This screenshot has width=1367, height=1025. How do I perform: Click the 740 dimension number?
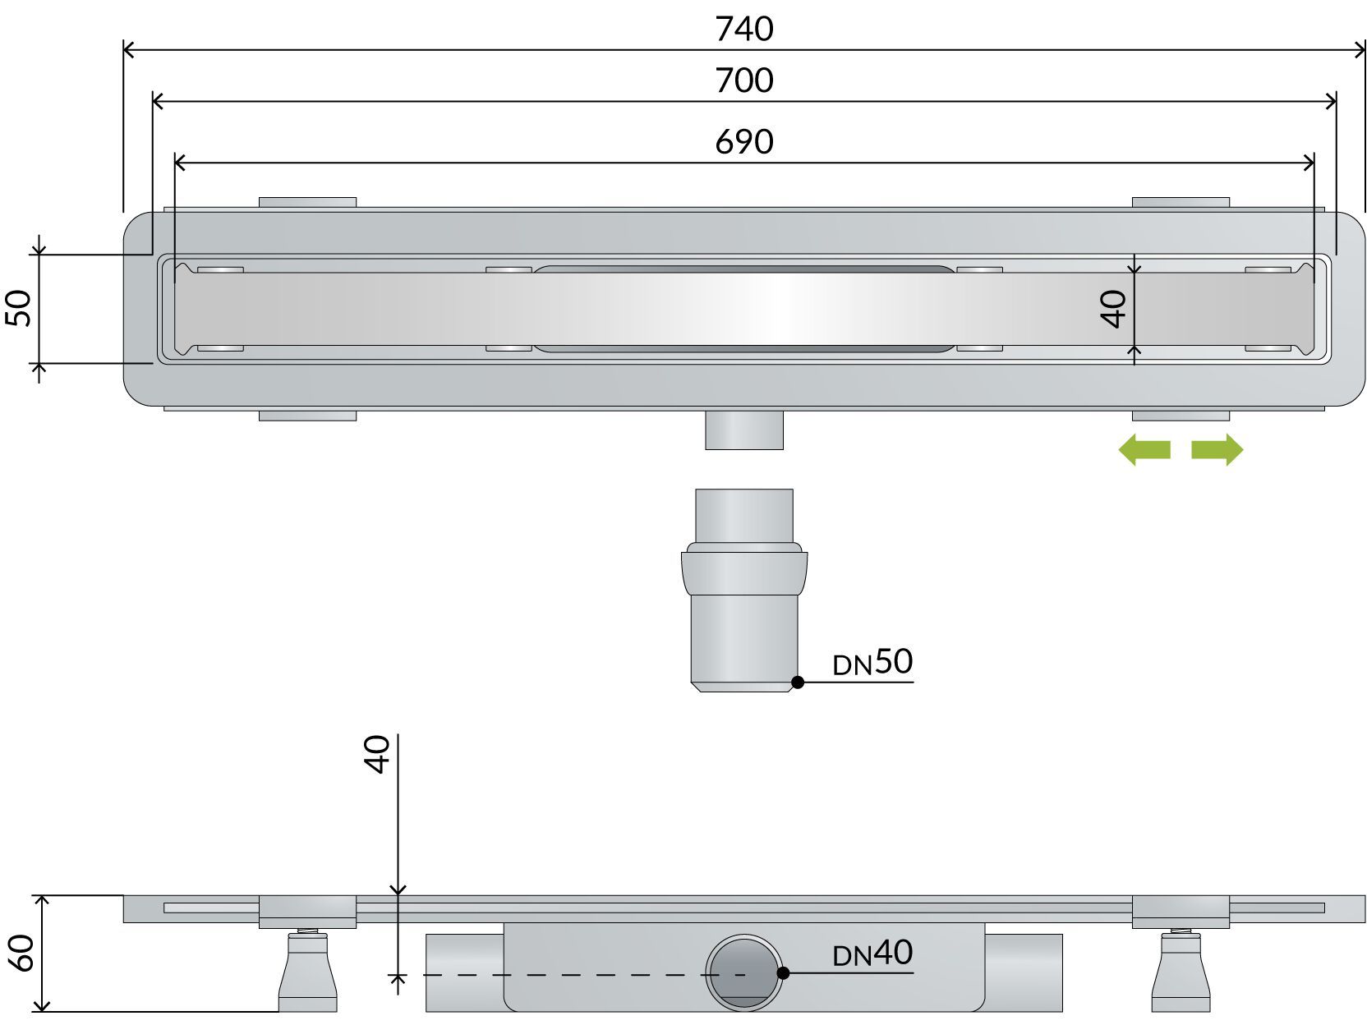tap(743, 30)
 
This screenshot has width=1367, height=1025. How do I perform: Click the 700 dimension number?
tap(743, 80)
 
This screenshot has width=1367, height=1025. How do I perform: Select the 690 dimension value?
tap(743, 142)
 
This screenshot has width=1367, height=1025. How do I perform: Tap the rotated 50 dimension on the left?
tap(20, 308)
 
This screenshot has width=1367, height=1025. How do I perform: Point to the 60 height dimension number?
tap(21, 953)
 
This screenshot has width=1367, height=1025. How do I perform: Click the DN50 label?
tap(872, 662)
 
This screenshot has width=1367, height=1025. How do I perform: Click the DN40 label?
tap(872, 954)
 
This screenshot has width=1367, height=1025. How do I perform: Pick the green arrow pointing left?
tap(1144, 450)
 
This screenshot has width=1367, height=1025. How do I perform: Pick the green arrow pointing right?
tap(1217, 450)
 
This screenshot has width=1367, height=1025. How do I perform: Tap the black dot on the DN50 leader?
tap(797, 682)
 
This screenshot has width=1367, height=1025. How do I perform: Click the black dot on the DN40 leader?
tap(783, 972)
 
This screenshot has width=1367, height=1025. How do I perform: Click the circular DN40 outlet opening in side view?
tap(743, 972)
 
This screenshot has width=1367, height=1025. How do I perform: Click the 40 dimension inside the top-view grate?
tap(1114, 309)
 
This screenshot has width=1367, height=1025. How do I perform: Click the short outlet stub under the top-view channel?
tap(743, 430)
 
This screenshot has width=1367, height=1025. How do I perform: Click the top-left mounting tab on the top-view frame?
tap(307, 202)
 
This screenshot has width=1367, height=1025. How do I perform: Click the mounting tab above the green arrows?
tap(1181, 416)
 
